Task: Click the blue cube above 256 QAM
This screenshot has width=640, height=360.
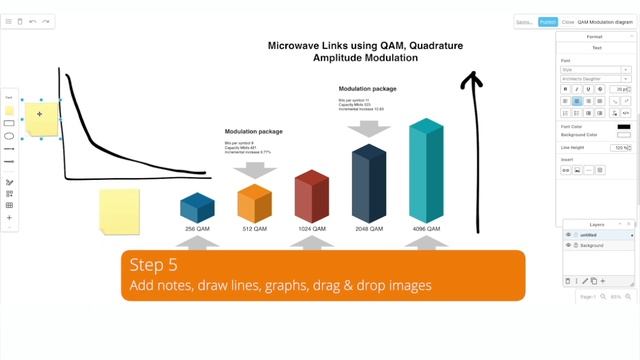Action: click(197, 207)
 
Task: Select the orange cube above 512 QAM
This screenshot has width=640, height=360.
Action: click(254, 204)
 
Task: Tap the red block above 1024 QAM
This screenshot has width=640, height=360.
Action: click(311, 195)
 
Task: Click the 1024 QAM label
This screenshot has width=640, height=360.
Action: click(310, 229)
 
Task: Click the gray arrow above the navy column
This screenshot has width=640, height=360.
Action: click(369, 128)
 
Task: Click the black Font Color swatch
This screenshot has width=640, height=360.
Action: click(623, 127)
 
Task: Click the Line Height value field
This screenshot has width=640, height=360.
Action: click(619, 147)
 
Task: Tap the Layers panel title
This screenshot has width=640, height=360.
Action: click(597, 225)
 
